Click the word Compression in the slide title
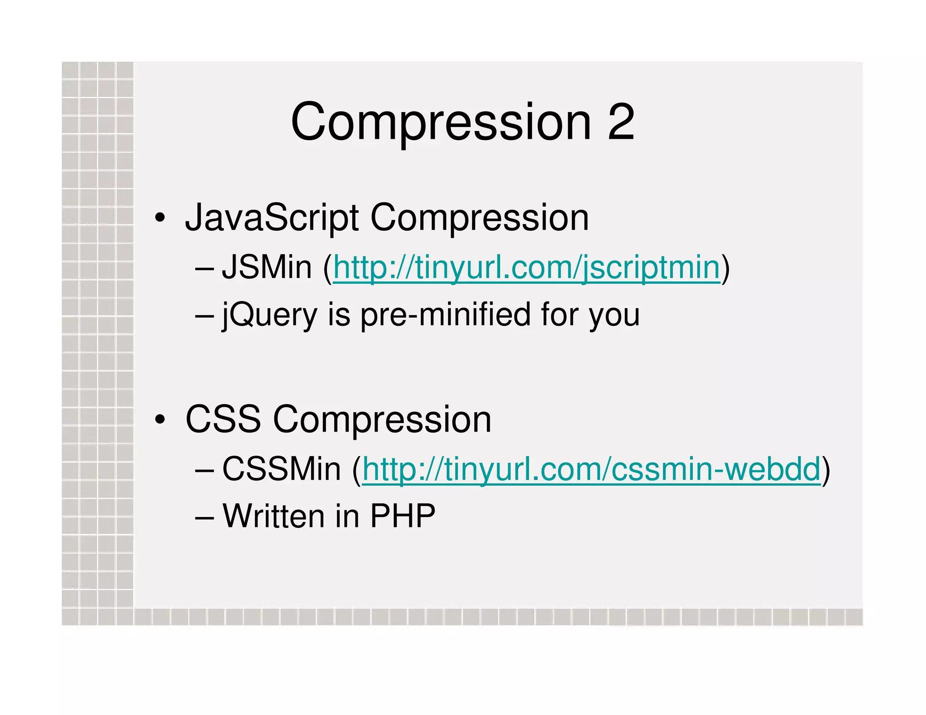441,122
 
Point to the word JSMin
267,267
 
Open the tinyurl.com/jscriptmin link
526,268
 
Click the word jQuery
269,315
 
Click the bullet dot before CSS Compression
160,419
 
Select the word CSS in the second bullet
223,419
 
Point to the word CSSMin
281,469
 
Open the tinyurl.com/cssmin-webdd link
591,469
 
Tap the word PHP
402,516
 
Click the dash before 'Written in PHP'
204,517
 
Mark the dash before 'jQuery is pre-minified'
204,315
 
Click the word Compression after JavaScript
479,218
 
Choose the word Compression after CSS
382,419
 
